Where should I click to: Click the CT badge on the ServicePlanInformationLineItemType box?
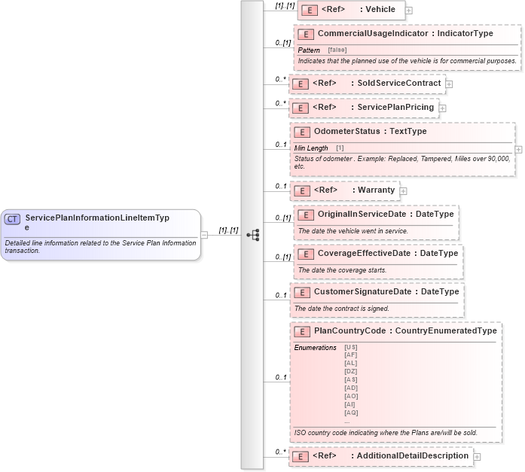(12, 219)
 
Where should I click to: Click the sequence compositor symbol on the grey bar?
(252, 235)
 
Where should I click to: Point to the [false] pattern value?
(337, 50)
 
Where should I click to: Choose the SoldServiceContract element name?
(409, 83)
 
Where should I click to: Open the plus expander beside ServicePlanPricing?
(443, 108)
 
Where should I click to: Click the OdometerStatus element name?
(347, 132)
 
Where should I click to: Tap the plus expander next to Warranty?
(403, 191)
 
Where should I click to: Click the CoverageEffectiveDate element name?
(364, 254)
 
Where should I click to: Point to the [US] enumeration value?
(351, 347)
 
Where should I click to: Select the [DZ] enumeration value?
(351, 372)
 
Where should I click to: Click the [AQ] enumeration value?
(351, 413)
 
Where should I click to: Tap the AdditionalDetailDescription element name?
(413, 456)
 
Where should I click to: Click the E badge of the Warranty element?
(301, 190)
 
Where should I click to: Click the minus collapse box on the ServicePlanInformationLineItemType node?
(204, 235)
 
